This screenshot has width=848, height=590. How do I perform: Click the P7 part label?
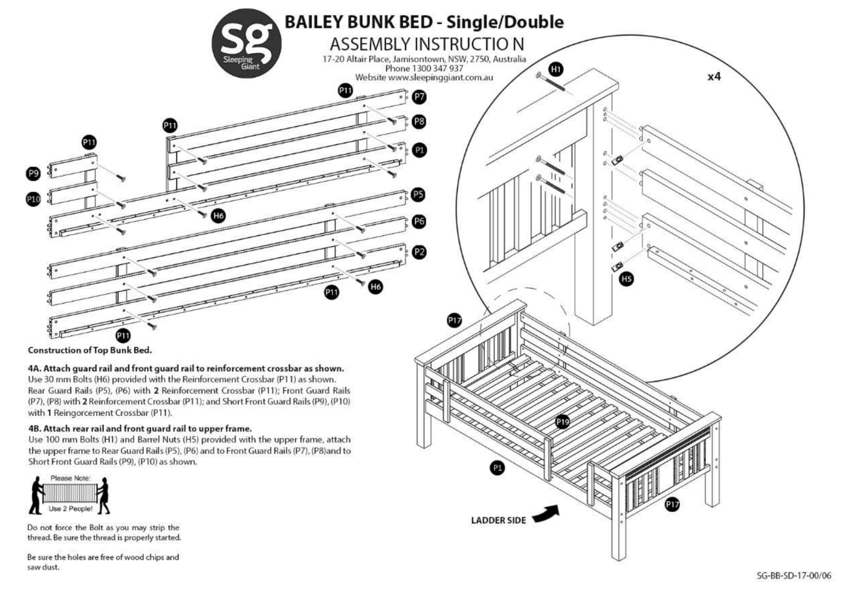[419, 97]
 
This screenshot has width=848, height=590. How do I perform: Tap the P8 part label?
[419, 122]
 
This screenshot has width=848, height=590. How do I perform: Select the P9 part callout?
[33, 173]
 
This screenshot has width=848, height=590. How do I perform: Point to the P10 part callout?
[33, 199]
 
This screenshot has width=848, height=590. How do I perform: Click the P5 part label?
[418, 195]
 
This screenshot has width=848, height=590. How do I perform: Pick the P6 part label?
[419, 221]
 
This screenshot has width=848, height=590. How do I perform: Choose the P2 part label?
[419, 252]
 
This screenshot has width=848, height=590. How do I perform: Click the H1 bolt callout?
[555, 70]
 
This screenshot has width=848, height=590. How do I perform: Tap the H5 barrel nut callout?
[627, 279]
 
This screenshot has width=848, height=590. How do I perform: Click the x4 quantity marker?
[714, 77]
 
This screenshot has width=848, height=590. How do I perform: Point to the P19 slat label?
[563, 422]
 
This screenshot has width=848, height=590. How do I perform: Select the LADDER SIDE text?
[498, 520]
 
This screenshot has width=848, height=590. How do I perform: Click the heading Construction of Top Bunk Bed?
[89, 350]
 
